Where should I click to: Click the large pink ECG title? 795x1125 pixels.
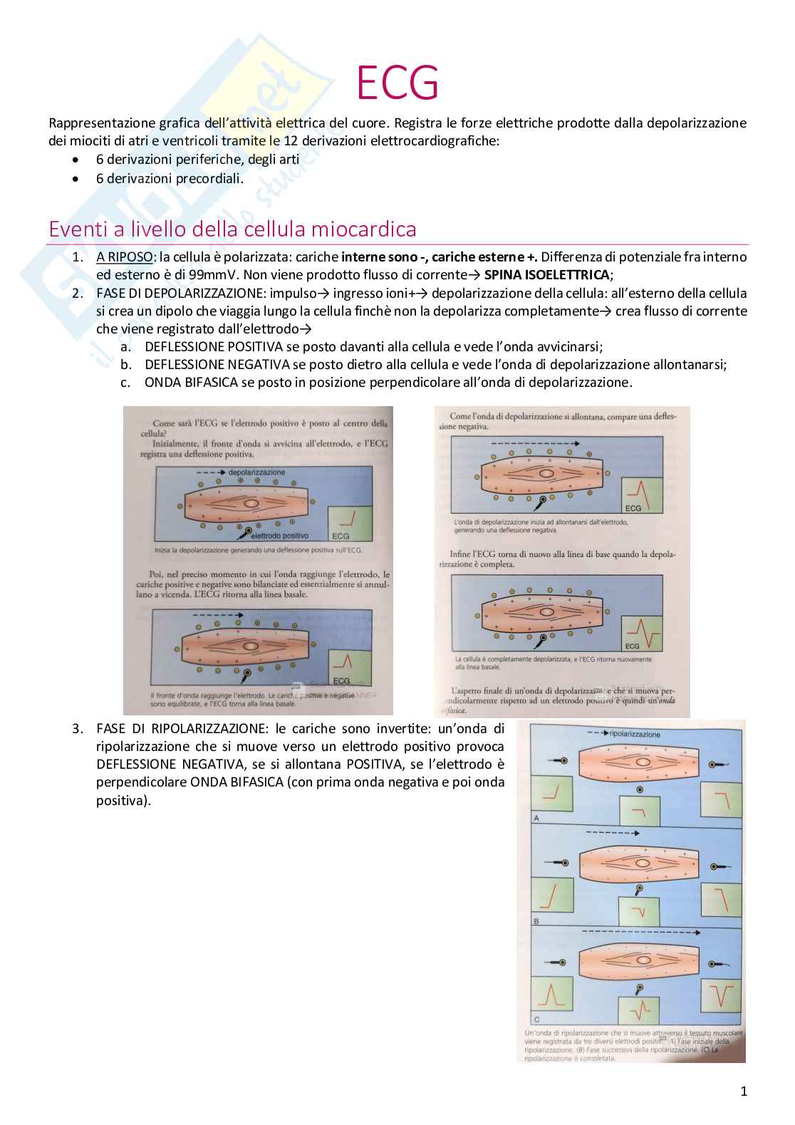[397, 83]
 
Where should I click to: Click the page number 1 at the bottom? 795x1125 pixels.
[744, 1091]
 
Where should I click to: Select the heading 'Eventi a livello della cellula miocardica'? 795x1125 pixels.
[232, 229]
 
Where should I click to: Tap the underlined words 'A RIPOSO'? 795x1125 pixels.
[125, 257]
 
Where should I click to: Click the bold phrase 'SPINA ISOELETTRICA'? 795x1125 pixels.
[546, 275]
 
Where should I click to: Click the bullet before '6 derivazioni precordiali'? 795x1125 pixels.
[76, 179]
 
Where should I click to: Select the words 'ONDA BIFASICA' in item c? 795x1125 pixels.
[191, 383]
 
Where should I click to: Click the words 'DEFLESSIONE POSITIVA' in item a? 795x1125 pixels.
[214, 347]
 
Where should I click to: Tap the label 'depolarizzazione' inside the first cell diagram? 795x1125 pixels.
[256, 472]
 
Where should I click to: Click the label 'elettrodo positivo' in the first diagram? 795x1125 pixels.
[280, 536]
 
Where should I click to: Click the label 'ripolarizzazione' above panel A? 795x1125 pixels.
[635, 734]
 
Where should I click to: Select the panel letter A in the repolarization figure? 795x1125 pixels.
[536, 818]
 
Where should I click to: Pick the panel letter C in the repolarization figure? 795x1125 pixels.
[536, 1020]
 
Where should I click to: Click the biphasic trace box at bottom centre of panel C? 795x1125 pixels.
[638, 1010]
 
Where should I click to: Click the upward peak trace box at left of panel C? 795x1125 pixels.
[551, 995]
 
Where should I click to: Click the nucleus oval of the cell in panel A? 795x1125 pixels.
[643, 762]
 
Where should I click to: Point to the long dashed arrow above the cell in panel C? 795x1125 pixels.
[641, 932]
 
